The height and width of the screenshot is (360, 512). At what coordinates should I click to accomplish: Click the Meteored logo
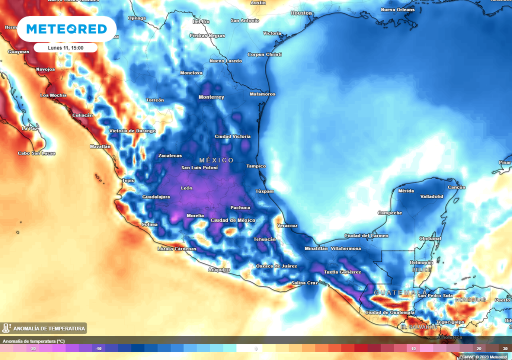[66, 29]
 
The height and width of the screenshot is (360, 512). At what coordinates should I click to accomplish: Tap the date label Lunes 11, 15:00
[65, 48]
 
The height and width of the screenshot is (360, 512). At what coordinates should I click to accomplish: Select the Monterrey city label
[211, 97]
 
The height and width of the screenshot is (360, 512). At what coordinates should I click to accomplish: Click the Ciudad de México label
[233, 220]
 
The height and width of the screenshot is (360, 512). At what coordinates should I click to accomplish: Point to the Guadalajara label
[156, 197]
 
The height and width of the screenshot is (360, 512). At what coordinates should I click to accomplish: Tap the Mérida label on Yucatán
[406, 191]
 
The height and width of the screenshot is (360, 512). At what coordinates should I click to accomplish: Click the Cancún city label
[456, 187]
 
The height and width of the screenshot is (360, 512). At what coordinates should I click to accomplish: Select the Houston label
[301, 13]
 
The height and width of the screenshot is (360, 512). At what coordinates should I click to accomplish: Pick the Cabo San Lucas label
[36, 153]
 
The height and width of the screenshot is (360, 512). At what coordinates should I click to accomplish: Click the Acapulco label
[219, 269]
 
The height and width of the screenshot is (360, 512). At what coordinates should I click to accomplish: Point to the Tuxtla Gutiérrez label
[342, 272]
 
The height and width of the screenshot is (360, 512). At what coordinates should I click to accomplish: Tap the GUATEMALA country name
[400, 292]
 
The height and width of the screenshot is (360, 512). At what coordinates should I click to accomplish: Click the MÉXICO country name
[216, 160]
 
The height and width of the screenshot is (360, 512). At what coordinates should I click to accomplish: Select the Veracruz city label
[287, 225]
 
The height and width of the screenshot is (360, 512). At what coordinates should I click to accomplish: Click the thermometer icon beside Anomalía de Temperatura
[6, 328]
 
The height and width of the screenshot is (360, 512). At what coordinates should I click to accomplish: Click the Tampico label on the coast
[256, 166]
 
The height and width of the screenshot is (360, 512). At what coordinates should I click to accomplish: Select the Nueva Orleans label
[397, 9]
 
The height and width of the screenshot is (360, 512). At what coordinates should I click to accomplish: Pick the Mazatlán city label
[100, 146]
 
